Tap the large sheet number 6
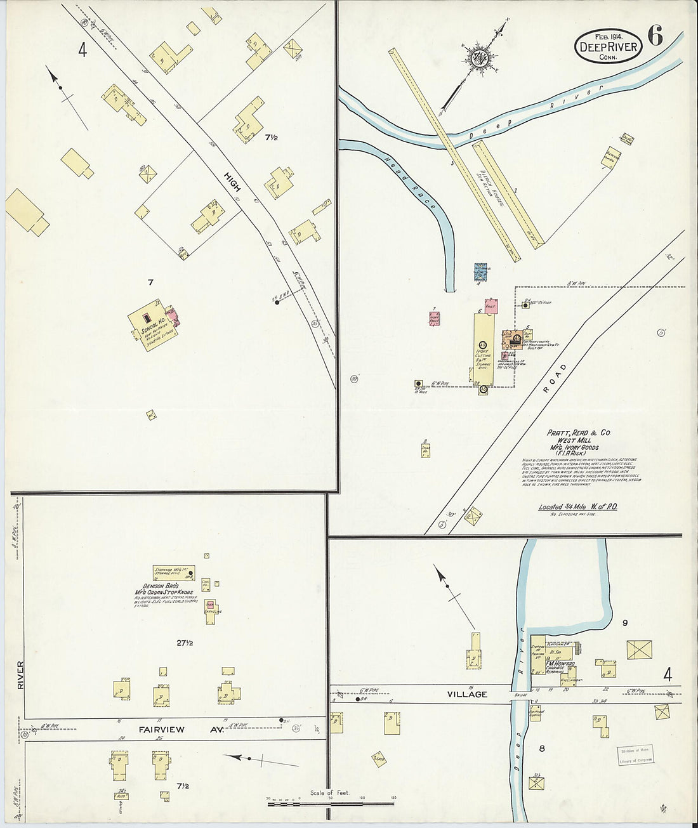tap(655, 37)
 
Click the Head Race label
tap(409, 184)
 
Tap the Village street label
tap(468, 695)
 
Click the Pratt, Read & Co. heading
tap(578, 433)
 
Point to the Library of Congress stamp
tap(635, 755)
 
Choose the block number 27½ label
tap(185, 643)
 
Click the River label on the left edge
tap(21, 676)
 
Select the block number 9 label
tap(625, 623)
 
